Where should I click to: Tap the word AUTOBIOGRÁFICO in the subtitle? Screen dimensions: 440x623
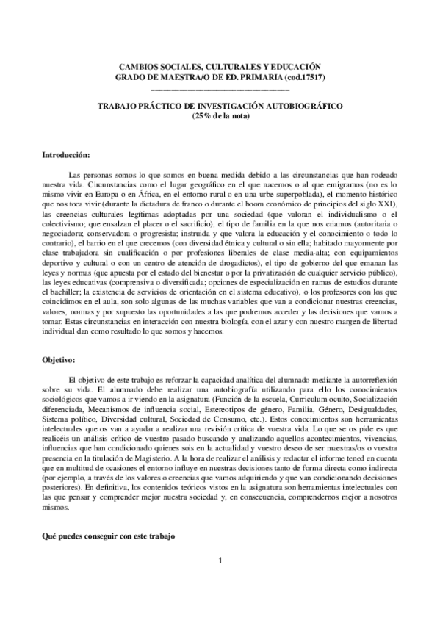(x=305, y=106)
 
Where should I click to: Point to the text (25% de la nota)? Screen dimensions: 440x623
(x=220, y=115)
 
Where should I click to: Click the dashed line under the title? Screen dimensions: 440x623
(x=220, y=87)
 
